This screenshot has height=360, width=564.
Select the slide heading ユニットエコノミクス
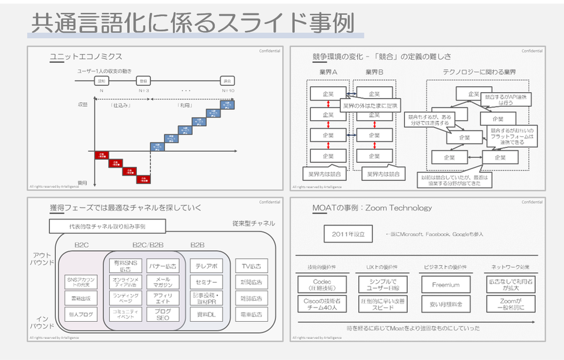point(86,56)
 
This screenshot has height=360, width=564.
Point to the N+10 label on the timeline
point(228,90)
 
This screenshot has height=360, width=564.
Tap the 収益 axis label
point(82,104)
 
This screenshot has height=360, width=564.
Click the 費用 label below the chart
point(82,183)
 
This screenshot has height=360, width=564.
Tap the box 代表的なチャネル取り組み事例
point(107,226)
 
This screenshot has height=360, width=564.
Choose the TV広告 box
point(251,266)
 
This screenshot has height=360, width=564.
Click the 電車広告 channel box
point(251,314)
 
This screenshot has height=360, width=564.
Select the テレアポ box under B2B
point(206,266)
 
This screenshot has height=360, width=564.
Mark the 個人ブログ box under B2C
point(80,314)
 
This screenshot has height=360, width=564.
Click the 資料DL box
point(206,314)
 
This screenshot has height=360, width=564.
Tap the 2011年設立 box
point(348,234)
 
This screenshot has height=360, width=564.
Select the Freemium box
point(446,284)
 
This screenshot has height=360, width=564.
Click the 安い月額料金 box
point(446,304)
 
